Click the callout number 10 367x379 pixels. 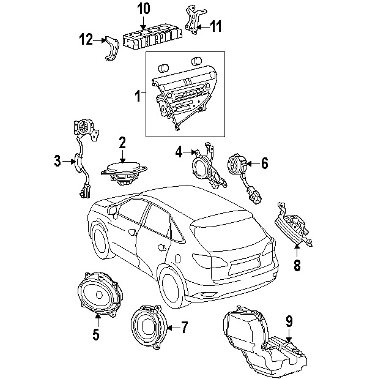pos(143,9)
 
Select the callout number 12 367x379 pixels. pos(86,40)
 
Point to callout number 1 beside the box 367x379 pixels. pos(138,96)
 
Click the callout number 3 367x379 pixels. pos(57,162)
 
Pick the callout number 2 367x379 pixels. pos(122,143)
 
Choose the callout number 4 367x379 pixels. pos(179,151)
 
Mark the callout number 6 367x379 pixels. pos(265,163)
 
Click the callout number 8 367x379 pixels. pos(298,266)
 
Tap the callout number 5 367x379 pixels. pos(95,334)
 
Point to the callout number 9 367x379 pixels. pos(289,320)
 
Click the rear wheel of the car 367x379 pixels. pos(172,287)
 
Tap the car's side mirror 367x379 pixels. pos(114,211)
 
